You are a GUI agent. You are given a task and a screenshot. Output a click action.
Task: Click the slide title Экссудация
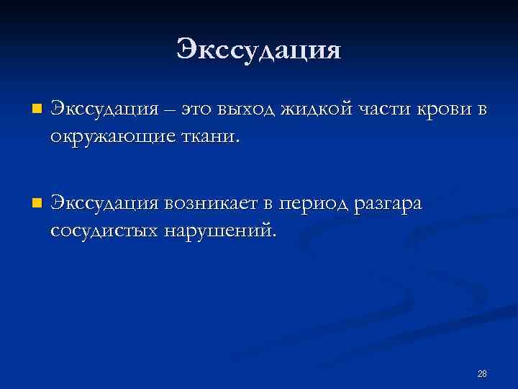pyautogui.click(x=258, y=50)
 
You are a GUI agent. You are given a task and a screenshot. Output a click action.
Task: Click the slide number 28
pyautogui.click(x=482, y=373)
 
